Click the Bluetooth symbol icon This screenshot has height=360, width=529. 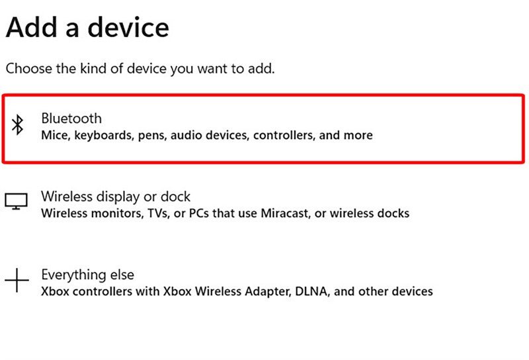pyautogui.click(x=18, y=125)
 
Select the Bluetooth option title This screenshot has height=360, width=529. pyautogui.click(x=71, y=118)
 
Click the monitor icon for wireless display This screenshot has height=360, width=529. pyautogui.click(x=16, y=201)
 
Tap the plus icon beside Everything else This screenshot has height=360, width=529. pyautogui.click(x=17, y=280)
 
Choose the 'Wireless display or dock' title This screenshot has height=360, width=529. pyautogui.click(x=116, y=197)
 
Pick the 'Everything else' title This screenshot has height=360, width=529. pyautogui.click(x=88, y=275)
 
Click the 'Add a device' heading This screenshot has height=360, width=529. pyautogui.click(x=87, y=27)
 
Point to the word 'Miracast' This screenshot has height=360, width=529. pyautogui.click(x=286, y=213)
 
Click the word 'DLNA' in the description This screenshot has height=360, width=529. pyautogui.click(x=311, y=291)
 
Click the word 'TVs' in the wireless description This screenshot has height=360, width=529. pyautogui.click(x=158, y=213)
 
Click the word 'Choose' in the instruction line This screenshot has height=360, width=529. pyautogui.click(x=29, y=69)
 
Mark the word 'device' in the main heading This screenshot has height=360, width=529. pyautogui.click(x=128, y=27)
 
